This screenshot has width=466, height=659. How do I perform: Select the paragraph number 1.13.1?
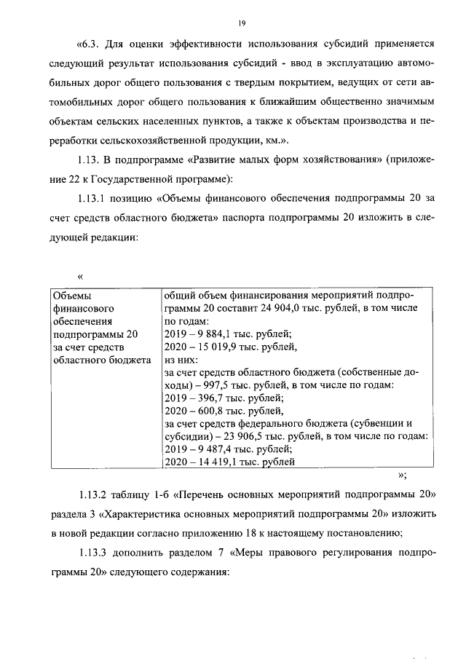(x=94, y=197)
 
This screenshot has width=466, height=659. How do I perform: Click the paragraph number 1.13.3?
(x=94, y=553)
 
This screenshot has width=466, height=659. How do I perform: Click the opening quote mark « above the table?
(x=80, y=276)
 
